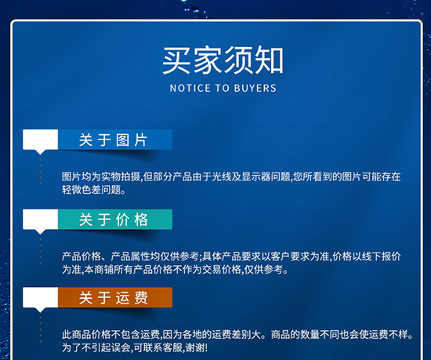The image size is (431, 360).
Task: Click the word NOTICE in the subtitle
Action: click(x=189, y=89)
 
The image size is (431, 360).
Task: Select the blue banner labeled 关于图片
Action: click(x=114, y=140)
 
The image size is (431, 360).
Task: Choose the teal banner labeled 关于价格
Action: click(x=114, y=220)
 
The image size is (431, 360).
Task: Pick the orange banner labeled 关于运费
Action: click(x=114, y=297)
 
